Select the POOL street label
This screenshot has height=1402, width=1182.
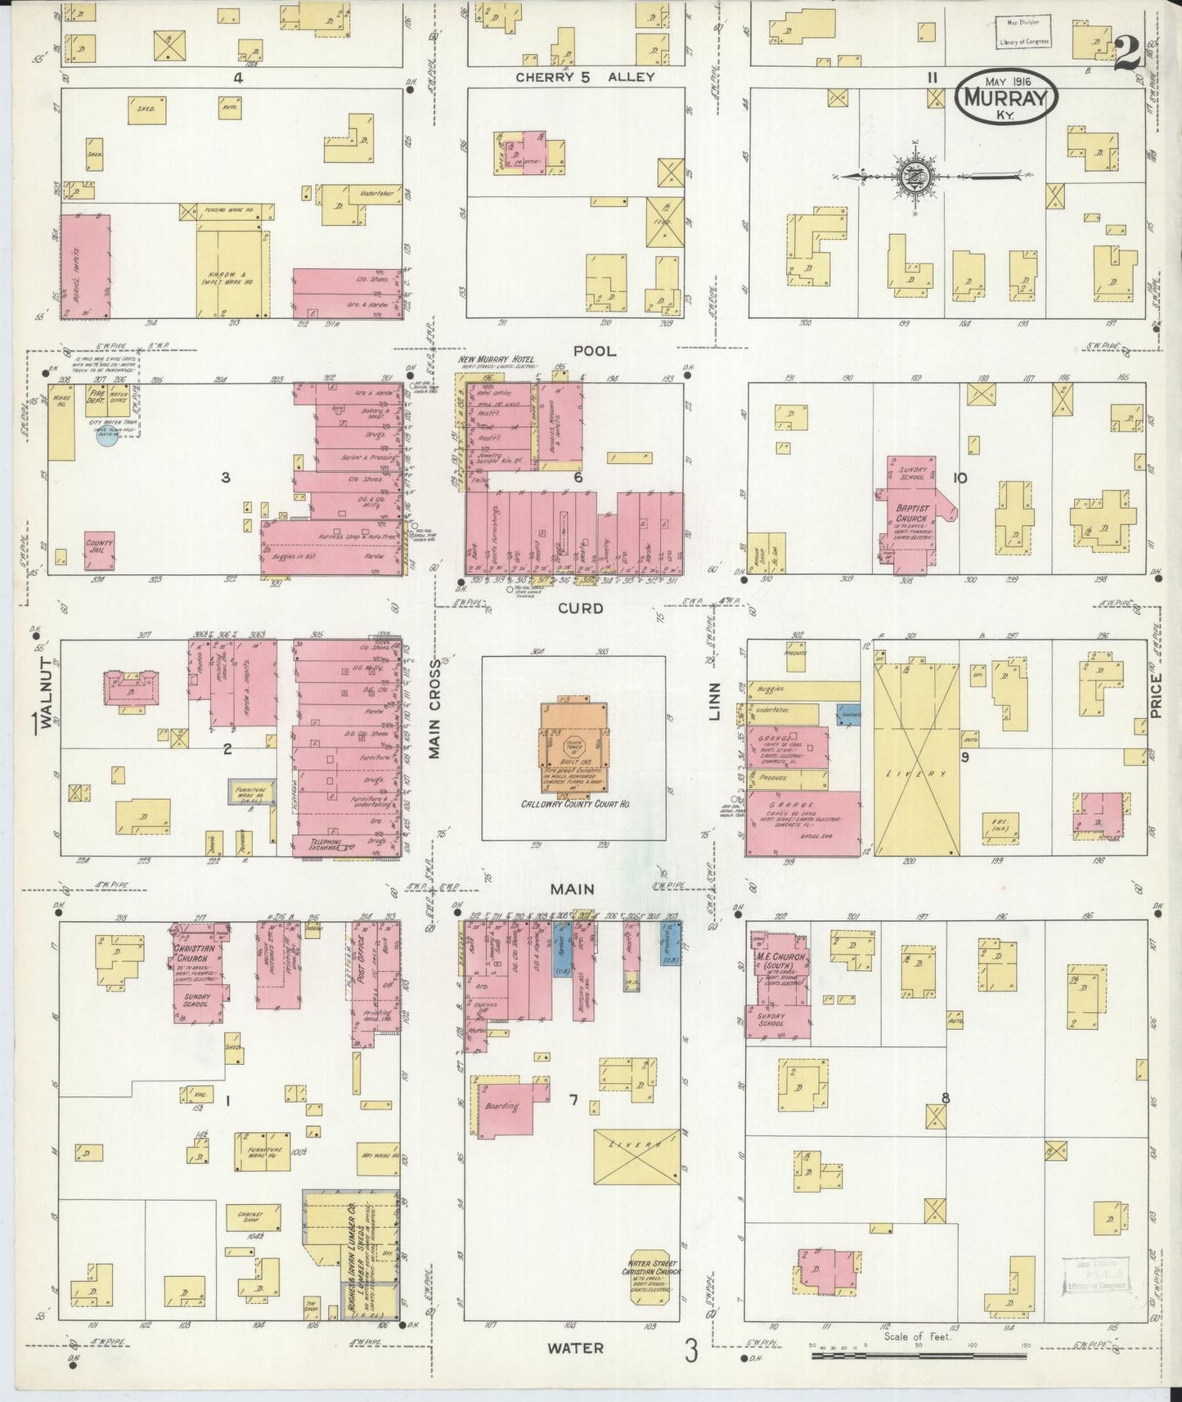pos(595,351)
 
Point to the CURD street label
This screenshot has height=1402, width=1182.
pos(582,608)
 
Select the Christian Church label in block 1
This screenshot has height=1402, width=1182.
pos(194,954)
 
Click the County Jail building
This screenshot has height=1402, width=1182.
pos(99,552)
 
